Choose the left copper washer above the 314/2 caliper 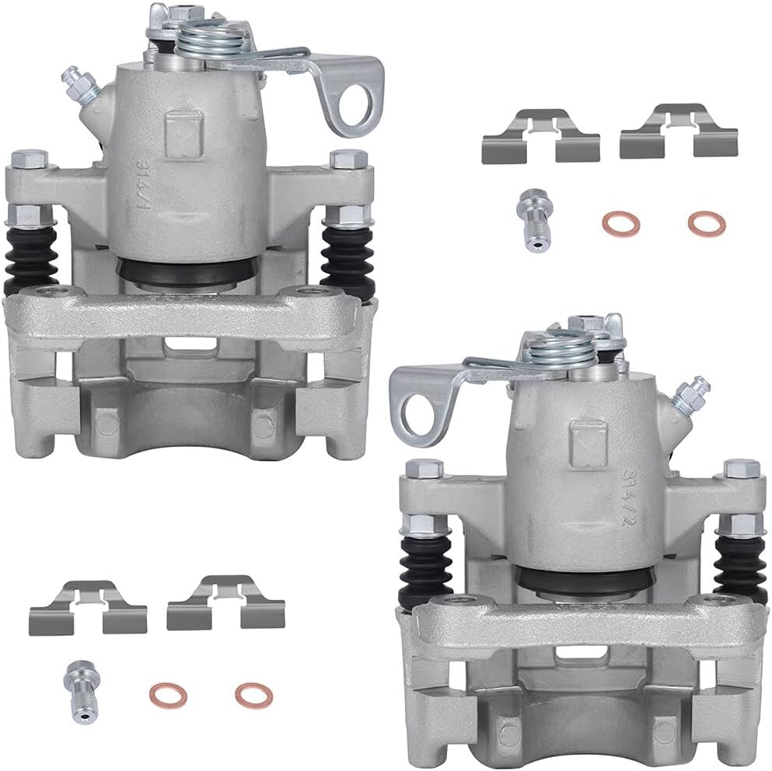click(x=620, y=224)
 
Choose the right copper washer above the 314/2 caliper click(x=706, y=224)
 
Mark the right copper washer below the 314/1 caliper click(x=253, y=694)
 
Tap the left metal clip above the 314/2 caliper click(x=541, y=136)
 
